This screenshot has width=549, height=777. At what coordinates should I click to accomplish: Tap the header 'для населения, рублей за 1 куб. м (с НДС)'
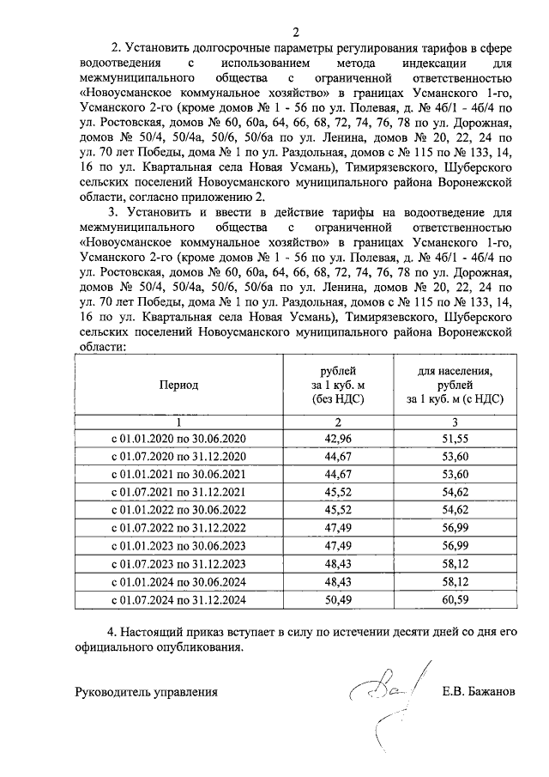[x=455, y=385]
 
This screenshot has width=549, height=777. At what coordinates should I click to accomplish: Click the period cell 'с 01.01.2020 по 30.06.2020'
[x=179, y=438]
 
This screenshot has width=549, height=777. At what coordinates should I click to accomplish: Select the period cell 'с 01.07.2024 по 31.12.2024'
[x=179, y=602]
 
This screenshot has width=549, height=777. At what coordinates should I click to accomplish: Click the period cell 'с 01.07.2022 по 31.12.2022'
[x=179, y=529]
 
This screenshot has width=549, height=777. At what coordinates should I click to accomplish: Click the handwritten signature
[x=377, y=700]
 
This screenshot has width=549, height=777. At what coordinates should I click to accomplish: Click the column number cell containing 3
[x=455, y=421]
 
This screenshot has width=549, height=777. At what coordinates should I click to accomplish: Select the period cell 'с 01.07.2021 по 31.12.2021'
[x=179, y=492]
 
